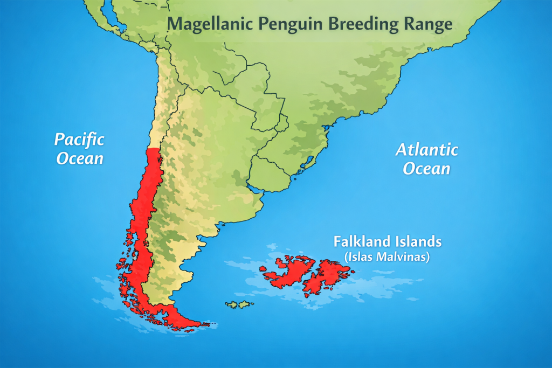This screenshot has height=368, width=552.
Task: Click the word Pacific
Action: click(x=79, y=140)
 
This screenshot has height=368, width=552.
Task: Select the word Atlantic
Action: click(x=427, y=149)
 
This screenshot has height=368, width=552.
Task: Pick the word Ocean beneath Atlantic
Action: click(x=427, y=169)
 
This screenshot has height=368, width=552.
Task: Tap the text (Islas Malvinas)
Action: click(x=387, y=256)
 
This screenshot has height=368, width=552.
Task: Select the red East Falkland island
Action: click(x=326, y=274)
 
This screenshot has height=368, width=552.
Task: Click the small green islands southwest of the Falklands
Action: click(x=239, y=305)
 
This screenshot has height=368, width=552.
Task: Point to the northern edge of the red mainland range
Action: click(x=154, y=150)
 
